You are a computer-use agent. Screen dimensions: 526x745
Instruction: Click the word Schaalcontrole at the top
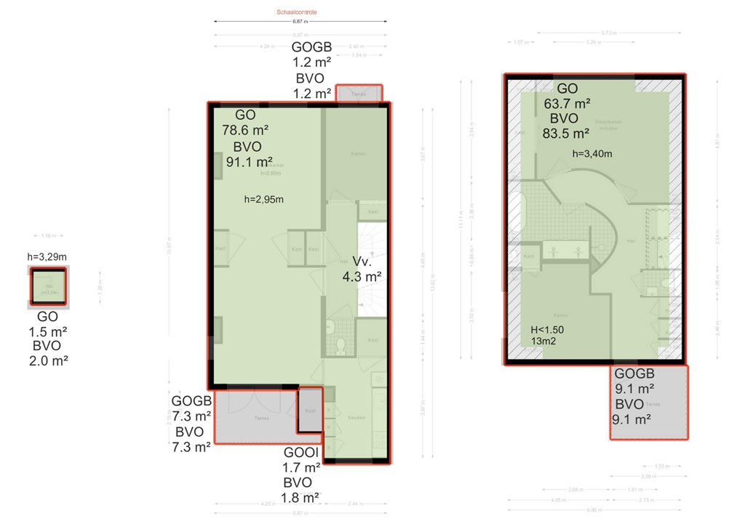[297, 12]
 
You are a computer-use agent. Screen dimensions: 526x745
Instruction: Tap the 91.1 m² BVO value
[249, 162]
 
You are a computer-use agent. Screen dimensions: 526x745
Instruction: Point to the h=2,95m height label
[262, 199]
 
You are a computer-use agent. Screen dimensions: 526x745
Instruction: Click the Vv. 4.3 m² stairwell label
[362, 269]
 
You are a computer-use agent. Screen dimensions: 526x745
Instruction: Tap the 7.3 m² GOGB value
[191, 416]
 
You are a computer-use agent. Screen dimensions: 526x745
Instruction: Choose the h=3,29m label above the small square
[47, 256]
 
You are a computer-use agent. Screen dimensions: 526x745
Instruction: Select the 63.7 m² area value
[567, 102]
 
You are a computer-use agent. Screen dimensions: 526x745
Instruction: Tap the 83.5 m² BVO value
[565, 133]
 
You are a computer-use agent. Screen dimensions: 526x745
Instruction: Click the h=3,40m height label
[591, 153]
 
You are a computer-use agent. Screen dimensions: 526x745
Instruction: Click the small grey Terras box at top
[358, 94]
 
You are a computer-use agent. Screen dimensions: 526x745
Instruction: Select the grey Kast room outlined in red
[311, 410]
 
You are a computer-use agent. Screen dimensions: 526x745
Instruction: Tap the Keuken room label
[356, 418]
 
